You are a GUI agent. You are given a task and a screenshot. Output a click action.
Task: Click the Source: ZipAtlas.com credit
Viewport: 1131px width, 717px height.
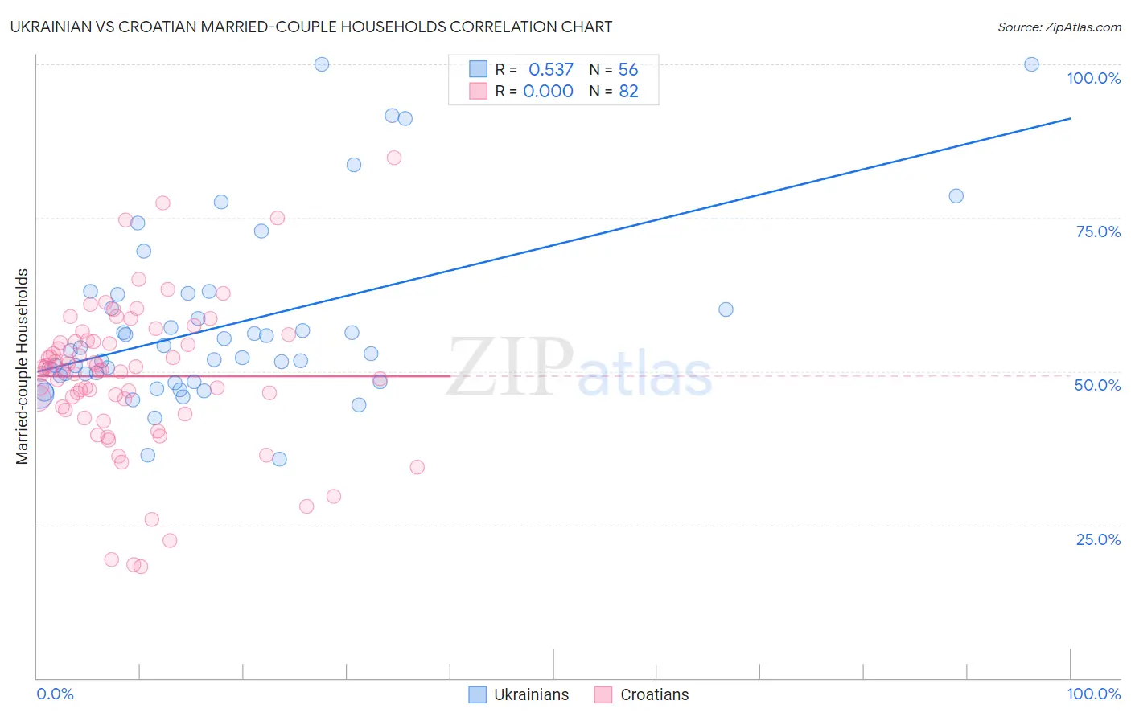(1059, 27)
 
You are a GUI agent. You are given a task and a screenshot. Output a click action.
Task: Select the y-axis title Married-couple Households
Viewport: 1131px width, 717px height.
(23, 367)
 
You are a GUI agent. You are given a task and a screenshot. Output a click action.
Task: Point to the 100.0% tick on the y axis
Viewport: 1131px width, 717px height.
(1093, 78)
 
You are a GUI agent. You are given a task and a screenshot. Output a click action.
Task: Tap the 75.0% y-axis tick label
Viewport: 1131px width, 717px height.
(1098, 231)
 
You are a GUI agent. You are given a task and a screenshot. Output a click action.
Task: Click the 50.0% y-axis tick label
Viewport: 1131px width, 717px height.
(1097, 385)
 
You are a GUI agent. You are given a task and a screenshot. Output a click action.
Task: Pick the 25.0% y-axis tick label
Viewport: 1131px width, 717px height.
(1098, 539)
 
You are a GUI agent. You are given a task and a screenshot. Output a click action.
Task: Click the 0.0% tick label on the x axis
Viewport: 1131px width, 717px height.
(55, 694)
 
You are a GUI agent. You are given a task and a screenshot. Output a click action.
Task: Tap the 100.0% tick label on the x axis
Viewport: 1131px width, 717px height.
(1093, 694)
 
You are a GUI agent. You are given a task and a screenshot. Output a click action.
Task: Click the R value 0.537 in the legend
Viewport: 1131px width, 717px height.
(551, 70)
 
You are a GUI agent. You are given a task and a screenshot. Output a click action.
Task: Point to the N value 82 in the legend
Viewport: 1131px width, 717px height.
(628, 92)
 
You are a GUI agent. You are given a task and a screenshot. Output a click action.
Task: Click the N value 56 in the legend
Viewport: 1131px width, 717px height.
(628, 70)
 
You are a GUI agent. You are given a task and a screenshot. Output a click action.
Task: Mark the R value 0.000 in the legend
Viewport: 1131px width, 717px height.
(548, 92)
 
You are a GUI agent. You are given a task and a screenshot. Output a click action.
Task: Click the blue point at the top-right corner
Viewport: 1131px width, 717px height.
(1031, 64)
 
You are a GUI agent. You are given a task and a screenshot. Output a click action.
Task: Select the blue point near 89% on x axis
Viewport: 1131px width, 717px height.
(956, 196)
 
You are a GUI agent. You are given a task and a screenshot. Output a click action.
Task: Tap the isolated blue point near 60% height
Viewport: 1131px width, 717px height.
(726, 309)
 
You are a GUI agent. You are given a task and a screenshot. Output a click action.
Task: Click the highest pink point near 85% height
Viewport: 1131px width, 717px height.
(394, 158)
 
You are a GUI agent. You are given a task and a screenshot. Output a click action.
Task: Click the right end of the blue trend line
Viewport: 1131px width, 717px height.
(1070, 118)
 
